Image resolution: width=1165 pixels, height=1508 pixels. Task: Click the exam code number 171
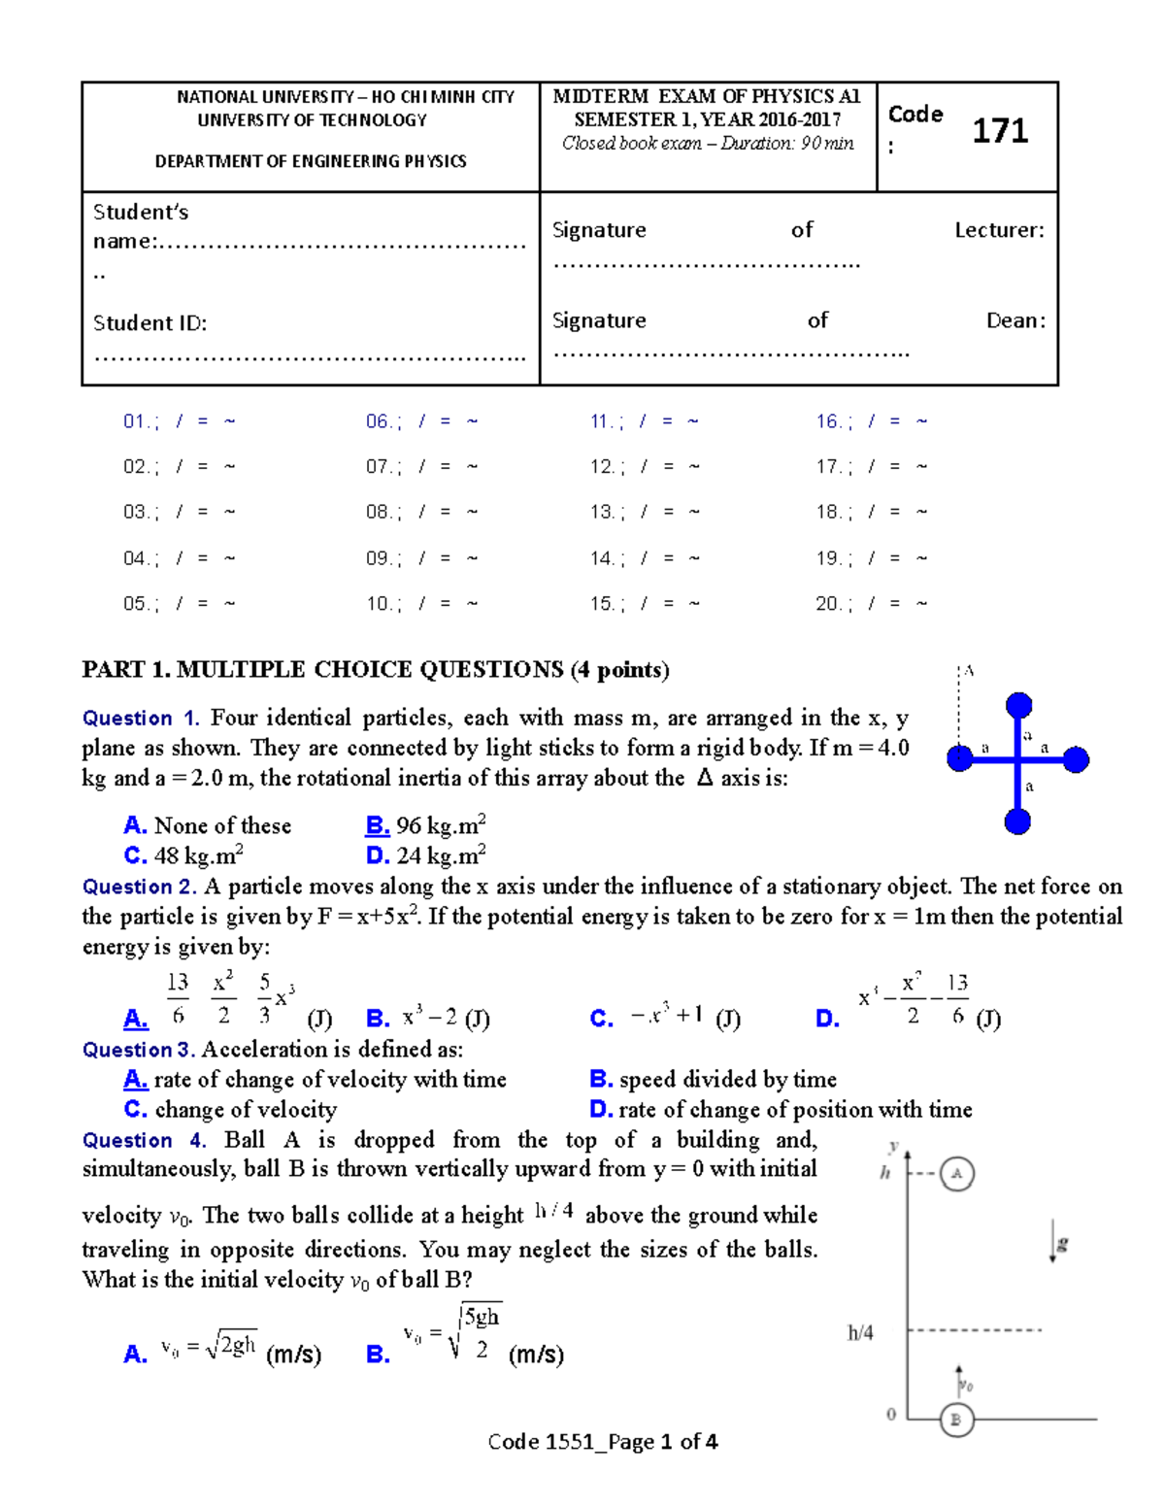coord(1000,131)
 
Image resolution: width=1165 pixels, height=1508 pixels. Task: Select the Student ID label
coord(150,323)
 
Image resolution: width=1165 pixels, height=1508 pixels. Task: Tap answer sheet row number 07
coord(378,467)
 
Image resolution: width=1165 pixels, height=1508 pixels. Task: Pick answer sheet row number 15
coord(601,604)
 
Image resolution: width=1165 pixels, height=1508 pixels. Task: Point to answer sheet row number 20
coord(828,604)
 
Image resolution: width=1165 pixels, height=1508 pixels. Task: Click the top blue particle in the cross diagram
coord(1018,705)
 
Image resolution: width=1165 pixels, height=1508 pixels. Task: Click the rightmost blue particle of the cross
coord(1076,759)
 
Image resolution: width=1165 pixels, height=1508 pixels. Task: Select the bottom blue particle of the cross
coord(1017,821)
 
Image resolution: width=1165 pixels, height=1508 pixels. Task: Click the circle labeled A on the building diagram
coord(957,1173)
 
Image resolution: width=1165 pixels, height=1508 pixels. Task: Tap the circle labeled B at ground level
coord(956,1420)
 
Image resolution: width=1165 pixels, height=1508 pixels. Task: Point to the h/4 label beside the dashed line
coord(860,1333)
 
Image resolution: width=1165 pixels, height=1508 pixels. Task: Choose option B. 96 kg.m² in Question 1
coord(425,825)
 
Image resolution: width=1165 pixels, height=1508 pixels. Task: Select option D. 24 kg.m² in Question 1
coord(425,855)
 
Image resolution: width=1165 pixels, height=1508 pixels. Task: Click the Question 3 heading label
coord(139,1050)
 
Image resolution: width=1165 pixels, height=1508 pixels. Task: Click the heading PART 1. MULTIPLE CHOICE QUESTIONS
coord(376,669)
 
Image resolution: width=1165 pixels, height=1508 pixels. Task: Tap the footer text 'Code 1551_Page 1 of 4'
coord(602,1442)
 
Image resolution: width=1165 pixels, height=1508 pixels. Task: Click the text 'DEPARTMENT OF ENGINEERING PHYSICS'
coord(311,161)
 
